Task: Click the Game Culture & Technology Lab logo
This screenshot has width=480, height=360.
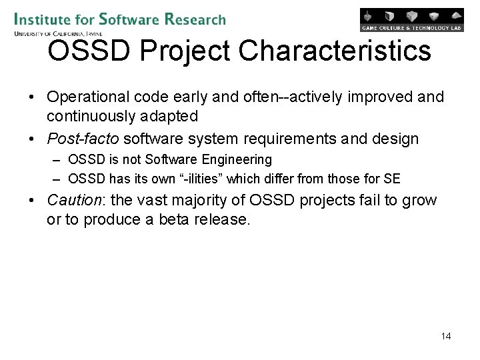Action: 411,20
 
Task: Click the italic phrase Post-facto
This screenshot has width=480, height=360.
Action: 83,139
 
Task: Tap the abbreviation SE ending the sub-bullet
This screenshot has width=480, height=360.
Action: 392,179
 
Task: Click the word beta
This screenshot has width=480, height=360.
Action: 177,219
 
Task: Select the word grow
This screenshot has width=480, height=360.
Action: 419,200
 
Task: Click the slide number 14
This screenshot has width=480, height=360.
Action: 446,336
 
